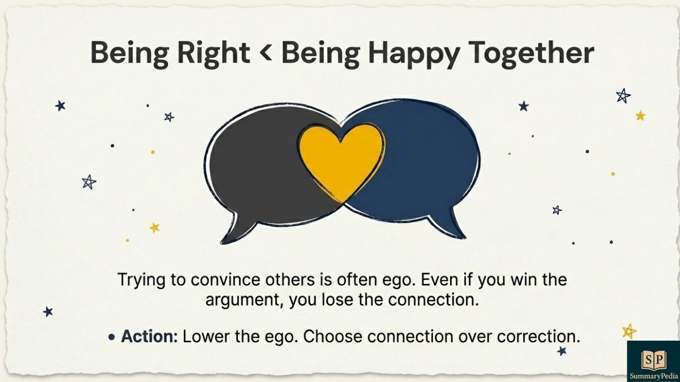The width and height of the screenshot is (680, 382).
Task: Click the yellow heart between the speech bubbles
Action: pyautogui.click(x=341, y=159)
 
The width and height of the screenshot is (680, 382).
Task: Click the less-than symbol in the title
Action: pyautogui.click(x=265, y=53)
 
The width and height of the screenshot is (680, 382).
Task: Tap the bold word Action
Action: pyautogui.click(x=149, y=336)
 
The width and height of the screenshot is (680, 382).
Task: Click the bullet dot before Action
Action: pyautogui.click(x=112, y=337)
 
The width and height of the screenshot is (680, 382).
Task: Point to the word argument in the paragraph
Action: pyautogui.click(x=244, y=300)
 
